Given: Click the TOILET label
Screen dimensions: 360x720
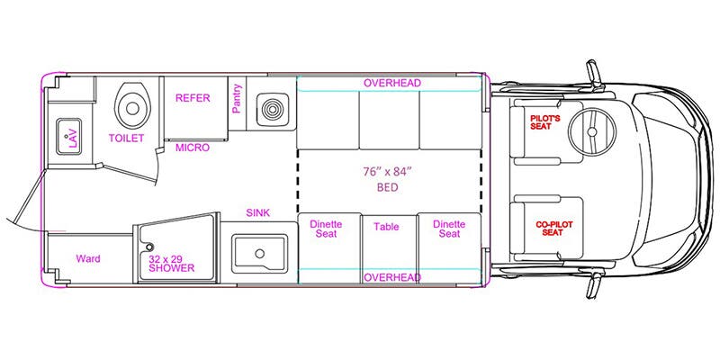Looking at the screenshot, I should tap(127, 139).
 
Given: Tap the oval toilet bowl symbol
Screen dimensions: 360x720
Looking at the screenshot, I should tap(132, 107).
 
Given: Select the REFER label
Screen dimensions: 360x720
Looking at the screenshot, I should tap(193, 98).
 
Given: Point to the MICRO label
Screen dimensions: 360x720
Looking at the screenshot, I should tap(193, 148).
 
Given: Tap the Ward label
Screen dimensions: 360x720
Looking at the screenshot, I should tap(87, 259).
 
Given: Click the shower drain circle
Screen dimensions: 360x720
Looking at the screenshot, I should tap(149, 247).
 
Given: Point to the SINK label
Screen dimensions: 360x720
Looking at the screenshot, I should tap(258, 213).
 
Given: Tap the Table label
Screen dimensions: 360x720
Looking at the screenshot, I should tap(386, 227).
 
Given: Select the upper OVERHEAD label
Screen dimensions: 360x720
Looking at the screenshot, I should tap(392, 83).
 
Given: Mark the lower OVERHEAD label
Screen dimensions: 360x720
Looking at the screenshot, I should tap(392, 277).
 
